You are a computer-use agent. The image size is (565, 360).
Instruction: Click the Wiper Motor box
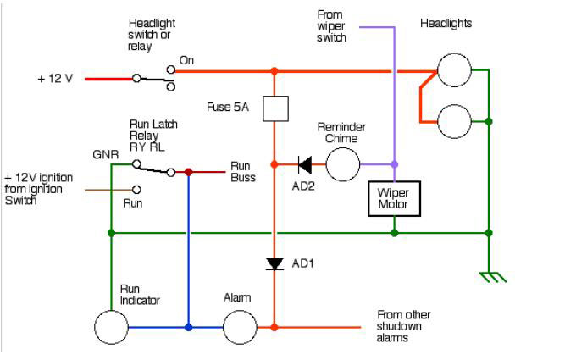394,199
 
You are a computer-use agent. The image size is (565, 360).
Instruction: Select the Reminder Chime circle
343,164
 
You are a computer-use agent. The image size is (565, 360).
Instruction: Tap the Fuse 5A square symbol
274,108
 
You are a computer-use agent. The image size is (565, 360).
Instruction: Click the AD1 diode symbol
274,263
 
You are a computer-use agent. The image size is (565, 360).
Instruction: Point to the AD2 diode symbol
304,164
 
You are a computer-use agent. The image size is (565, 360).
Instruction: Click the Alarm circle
240,326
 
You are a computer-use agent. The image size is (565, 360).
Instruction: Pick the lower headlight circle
454,122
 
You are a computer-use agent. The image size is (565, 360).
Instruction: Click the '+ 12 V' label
55,78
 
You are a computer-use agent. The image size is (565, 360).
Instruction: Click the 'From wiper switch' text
330,27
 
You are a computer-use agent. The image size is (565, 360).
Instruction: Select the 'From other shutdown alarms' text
402,326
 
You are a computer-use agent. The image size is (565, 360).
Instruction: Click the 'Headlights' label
446,23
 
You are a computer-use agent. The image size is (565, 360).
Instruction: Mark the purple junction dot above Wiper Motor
394,164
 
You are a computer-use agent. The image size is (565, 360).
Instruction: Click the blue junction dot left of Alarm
188,326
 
